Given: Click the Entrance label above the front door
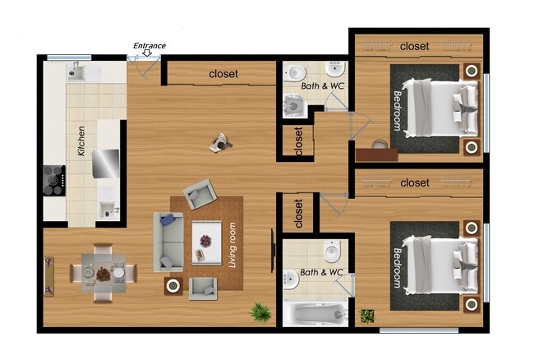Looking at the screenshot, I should [150, 46].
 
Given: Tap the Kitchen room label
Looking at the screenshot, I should [81, 141].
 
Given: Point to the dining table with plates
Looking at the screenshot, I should [103, 272].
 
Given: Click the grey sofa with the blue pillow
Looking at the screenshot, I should [168, 241].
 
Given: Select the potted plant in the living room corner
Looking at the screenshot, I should [261, 312].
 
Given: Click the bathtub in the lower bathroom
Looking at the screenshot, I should [315, 314].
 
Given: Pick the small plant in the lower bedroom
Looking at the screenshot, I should [366, 315].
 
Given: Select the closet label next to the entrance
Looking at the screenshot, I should [223, 74].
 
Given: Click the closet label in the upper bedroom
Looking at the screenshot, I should [414, 47].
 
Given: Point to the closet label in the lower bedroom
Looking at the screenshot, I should [414, 182].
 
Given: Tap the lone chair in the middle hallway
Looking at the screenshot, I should [220, 143].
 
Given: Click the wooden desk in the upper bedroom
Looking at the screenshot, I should [376, 154].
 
